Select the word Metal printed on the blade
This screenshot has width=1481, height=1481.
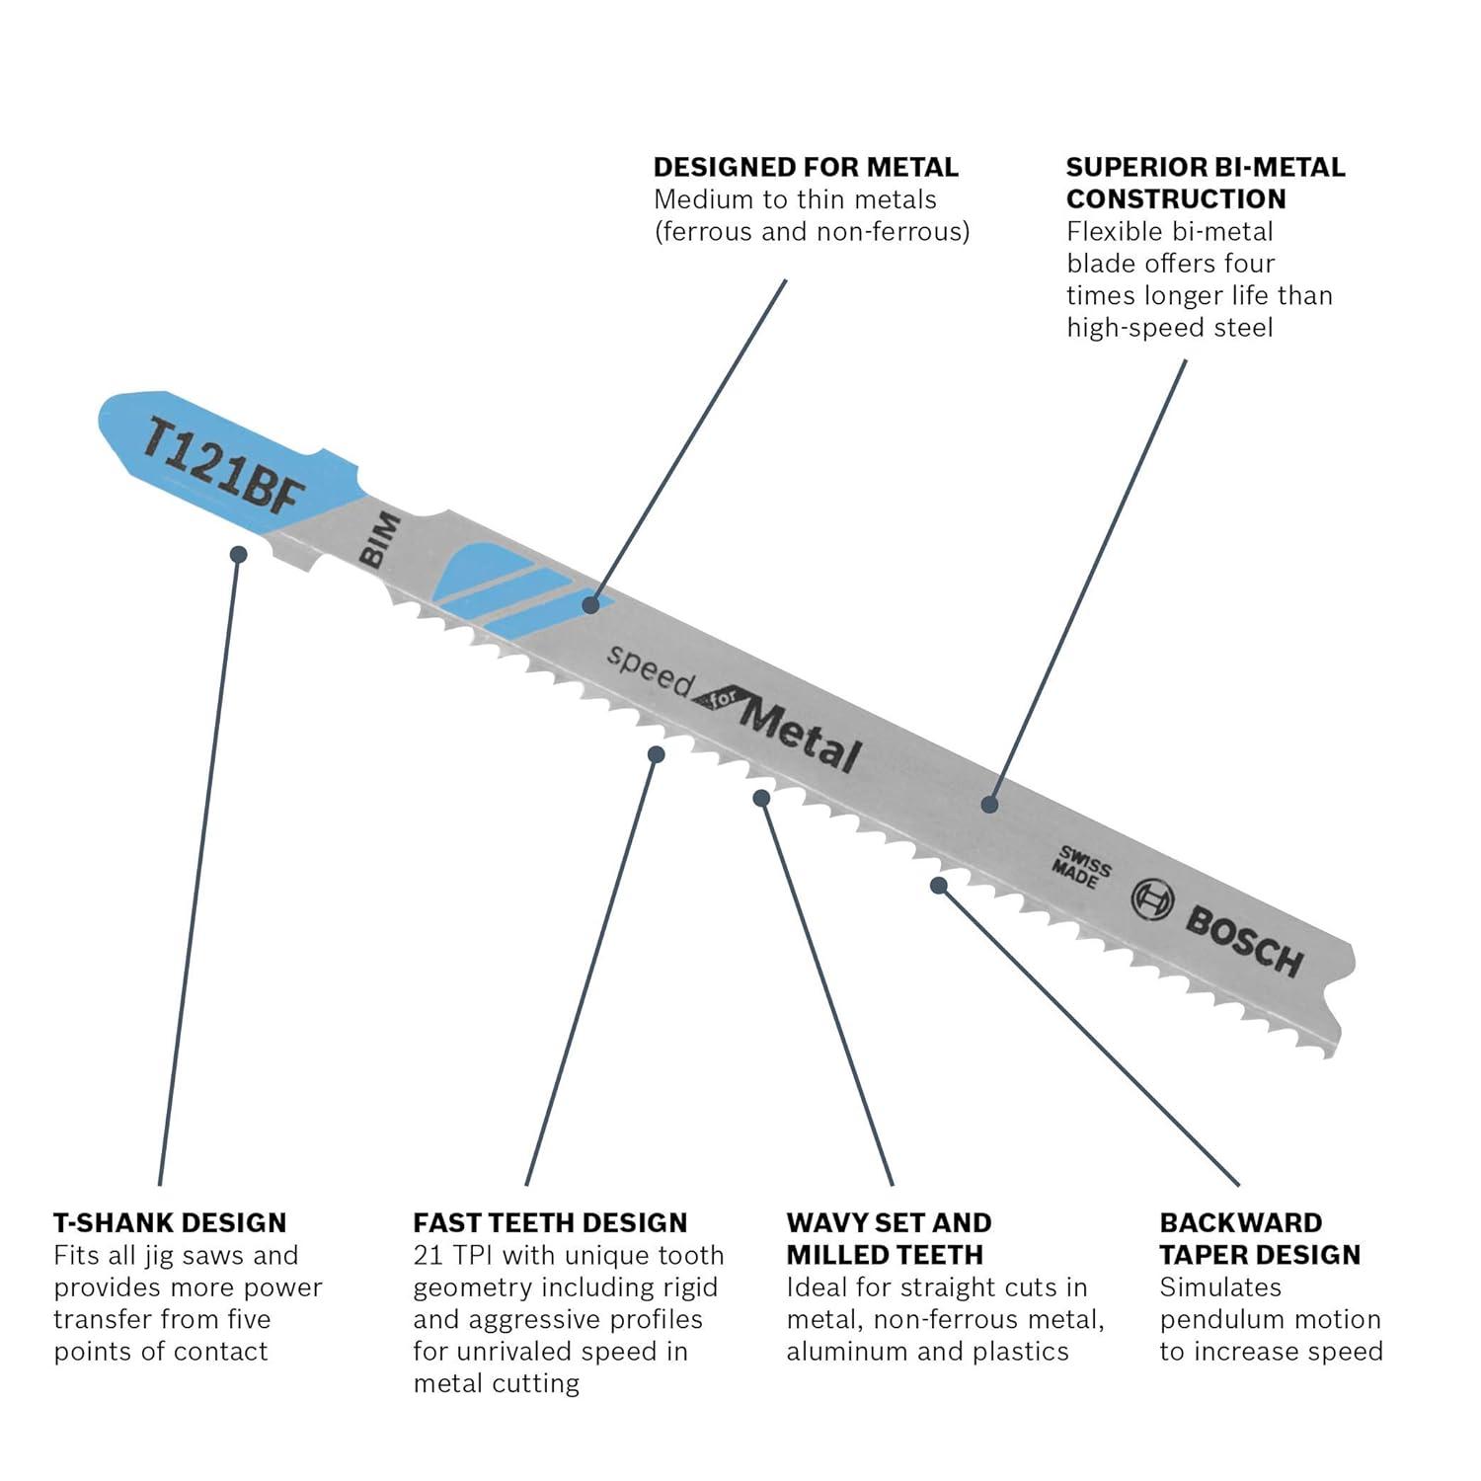coord(799,736)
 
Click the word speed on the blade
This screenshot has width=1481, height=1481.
coord(648,670)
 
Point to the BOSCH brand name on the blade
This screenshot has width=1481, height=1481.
coord(1245,941)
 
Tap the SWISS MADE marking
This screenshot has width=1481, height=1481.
coord(1081,866)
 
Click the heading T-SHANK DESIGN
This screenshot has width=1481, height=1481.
coord(170,1222)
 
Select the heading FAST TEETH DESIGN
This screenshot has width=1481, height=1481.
coord(550,1222)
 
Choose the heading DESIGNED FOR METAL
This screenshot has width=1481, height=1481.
coord(806,167)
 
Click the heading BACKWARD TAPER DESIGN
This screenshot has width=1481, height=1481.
coord(1260,1238)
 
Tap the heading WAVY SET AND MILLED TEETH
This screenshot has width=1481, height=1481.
coord(889,1238)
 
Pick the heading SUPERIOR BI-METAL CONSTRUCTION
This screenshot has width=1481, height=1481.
coord(1206,183)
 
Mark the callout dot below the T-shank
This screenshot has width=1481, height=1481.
coord(238,554)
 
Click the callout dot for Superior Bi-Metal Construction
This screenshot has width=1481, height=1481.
coord(989,805)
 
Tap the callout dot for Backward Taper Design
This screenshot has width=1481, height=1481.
coord(939,885)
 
